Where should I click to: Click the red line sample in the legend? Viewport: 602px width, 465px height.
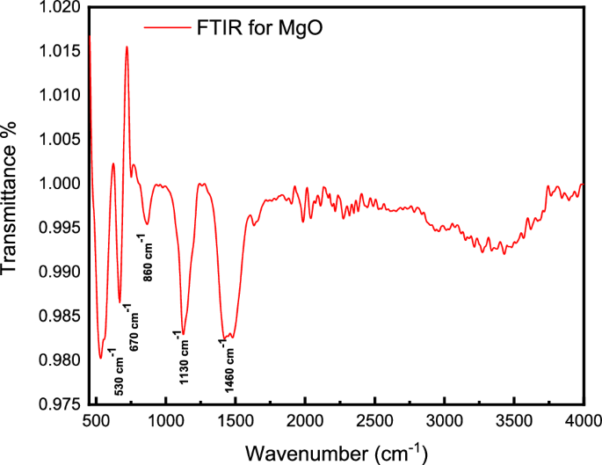166,28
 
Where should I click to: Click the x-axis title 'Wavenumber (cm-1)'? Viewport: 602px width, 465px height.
336,453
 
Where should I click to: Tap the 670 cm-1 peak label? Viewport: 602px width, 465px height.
132,328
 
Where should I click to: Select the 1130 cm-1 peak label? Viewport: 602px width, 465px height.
182,357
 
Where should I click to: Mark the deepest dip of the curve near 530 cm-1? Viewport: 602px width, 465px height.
101,358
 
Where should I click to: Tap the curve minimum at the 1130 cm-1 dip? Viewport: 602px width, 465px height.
183,333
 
